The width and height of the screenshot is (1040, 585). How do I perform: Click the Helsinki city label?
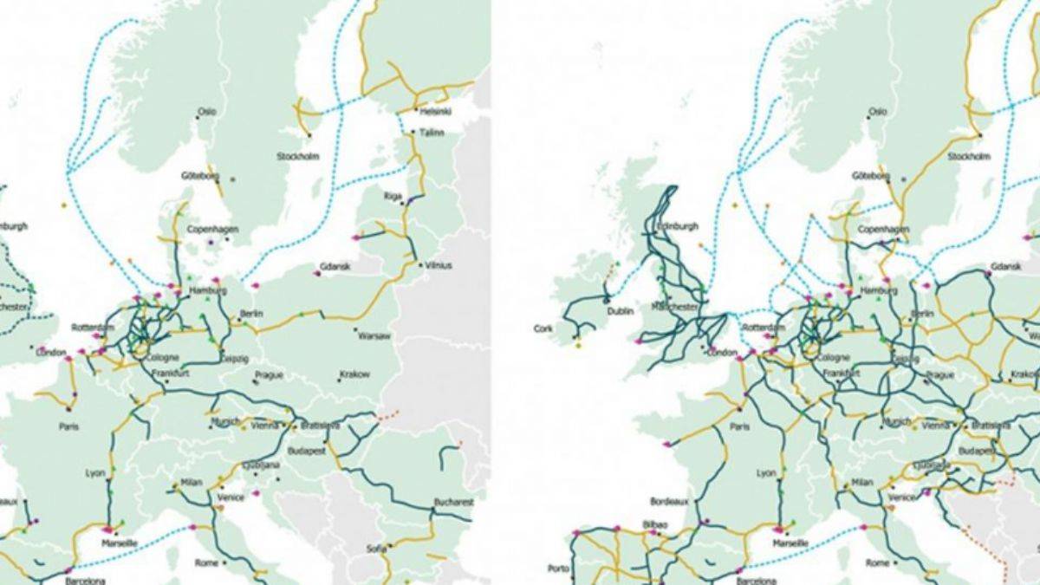(x=430, y=112)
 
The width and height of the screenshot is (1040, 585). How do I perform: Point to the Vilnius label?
(x=439, y=265)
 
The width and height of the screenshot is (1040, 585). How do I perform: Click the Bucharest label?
(x=455, y=502)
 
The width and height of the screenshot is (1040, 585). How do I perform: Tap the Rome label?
(x=206, y=562)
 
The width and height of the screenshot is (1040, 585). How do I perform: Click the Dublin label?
(x=621, y=310)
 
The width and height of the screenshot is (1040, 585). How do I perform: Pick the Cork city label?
(x=543, y=329)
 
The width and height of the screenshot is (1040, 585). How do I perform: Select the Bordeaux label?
(x=670, y=502)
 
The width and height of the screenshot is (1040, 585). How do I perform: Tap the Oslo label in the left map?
(x=206, y=112)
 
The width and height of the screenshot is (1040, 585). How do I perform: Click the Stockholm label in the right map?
(x=969, y=157)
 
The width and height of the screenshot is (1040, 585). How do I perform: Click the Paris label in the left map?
(x=69, y=426)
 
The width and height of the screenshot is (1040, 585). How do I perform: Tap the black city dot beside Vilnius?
(x=419, y=264)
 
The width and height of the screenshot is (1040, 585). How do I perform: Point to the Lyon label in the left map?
(x=94, y=473)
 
